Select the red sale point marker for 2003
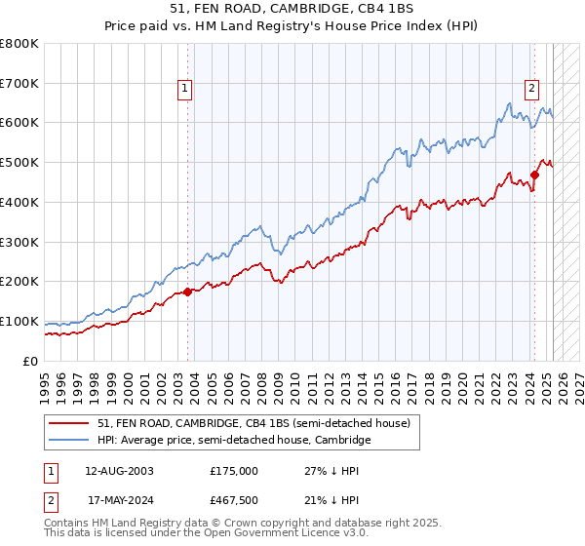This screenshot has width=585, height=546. [188, 292]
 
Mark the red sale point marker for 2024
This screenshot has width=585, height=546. [534, 175]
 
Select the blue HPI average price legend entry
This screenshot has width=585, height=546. [234, 440]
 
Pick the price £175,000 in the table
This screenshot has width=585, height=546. [234, 471]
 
